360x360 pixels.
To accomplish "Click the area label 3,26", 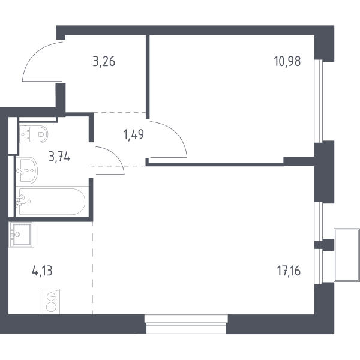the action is pyautogui.click(x=104, y=62).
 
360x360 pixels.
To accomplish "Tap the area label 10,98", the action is pyautogui.click(x=287, y=61).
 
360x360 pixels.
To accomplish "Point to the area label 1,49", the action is pyautogui.click(x=134, y=134).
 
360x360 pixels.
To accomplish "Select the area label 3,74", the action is pyautogui.click(x=59, y=157).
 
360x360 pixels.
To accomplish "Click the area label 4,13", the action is pyautogui.click(x=42, y=271).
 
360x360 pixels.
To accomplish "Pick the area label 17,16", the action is pyautogui.click(x=289, y=271).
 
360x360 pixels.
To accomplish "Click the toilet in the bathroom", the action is pyautogui.click(x=34, y=134).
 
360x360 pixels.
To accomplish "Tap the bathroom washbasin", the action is pyautogui.click(x=26, y=170).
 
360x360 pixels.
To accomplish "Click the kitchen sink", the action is pyautogui.click(x=22, y=235).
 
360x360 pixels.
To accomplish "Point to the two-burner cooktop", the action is pyautogui.click(x=51, y=301).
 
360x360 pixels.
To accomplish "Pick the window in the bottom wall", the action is pyautogui.click(x=186, y=324).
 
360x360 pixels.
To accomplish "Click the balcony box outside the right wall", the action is pyautogui.click(x=347, y=255).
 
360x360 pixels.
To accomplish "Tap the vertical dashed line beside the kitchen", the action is pyautogui.click(x=92, y=268).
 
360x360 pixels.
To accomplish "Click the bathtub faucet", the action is pyautogui.click(x=20, y=200).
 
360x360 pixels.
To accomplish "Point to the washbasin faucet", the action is pyautogui.click(x=22, y=171).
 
